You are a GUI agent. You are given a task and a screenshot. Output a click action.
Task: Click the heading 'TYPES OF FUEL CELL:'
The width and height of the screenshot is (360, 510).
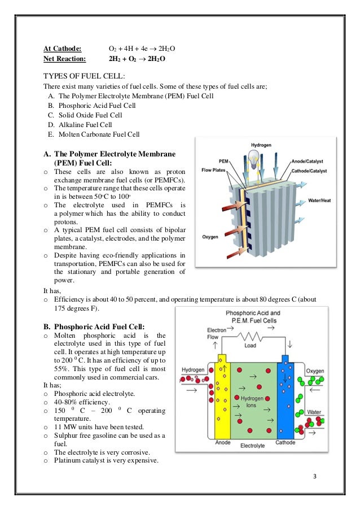[85, 76]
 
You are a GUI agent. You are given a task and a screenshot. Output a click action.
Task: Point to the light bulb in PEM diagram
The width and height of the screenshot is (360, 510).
[256, 155]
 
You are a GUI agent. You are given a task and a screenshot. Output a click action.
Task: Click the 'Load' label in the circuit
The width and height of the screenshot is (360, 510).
[251, 346]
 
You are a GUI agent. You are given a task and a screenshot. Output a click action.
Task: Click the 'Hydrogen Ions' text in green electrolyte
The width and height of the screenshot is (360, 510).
[252, 402]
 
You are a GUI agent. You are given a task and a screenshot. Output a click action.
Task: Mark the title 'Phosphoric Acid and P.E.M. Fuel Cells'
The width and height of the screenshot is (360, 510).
[252, 316]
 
